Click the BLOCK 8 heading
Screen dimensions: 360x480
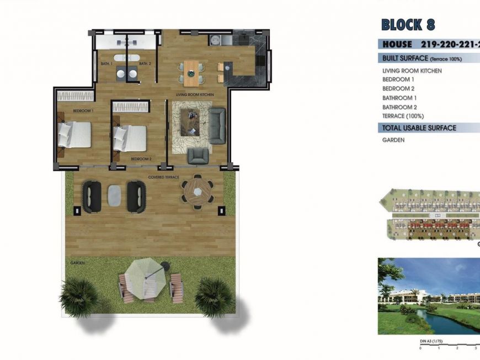(x=408, y=25)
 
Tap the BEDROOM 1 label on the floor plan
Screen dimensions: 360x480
(x=83, y=111)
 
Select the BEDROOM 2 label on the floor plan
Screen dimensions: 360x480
(x=141, y=159)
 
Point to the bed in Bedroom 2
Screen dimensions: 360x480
(x=130, y=137)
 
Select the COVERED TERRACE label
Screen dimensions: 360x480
(x=164, y=177)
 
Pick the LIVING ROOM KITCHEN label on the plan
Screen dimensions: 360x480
(x=194, y=95)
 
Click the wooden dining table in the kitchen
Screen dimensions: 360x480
(x=191, y=72)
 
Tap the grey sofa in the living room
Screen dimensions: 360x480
(x=217, y=125)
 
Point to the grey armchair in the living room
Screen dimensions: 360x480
(x=198, y=156)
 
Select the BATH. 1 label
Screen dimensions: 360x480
(x=106, y=64)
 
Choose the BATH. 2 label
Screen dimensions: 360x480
(x=145, y=64)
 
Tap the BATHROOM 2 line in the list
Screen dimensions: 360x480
(x=399, y=107)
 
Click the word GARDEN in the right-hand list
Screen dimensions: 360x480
(x=393, y=140)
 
